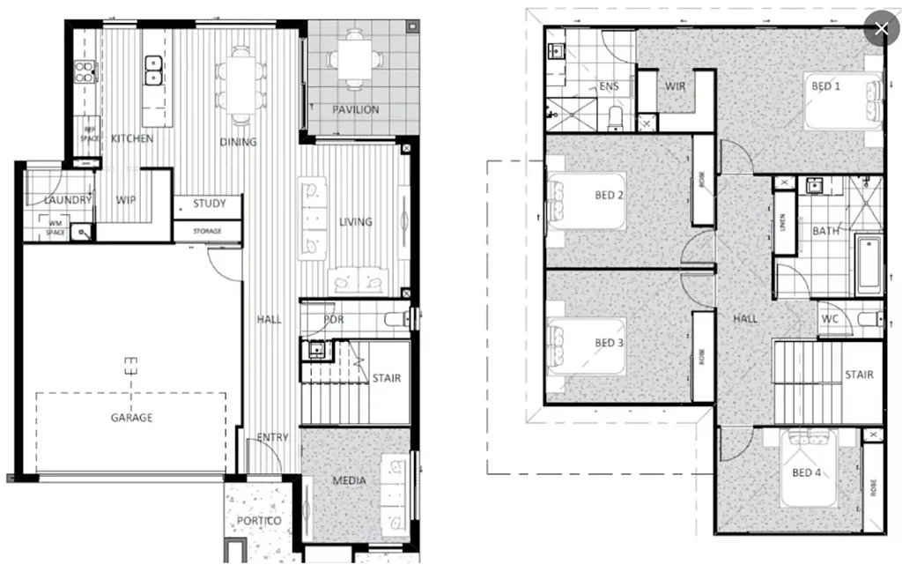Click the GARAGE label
pos(131,417)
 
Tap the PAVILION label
pos(356,109)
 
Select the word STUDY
pos(210,204)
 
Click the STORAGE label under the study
pos(208,232)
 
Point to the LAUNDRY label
pos(68,200)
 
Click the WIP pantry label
pos(126,200)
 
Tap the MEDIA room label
pos(349,480)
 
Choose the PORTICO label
pos(259,521)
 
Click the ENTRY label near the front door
pos(273,438)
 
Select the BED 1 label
pos(825,86)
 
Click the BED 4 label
pos(807,473)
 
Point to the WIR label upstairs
pos(676,86)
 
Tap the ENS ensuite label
pos(609,86)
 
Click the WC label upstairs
pos(829,318)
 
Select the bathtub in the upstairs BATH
pos(869,264)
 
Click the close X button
pos(881,29)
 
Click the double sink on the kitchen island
pos(153,70)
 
